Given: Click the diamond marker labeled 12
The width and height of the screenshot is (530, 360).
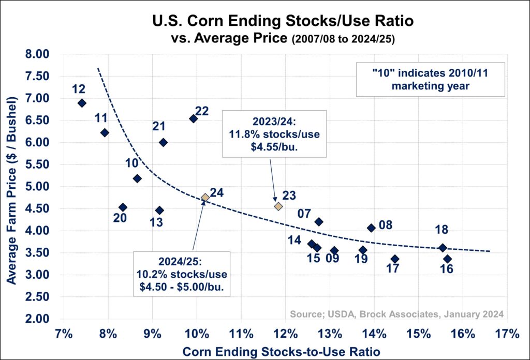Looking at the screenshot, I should tap(82, 103).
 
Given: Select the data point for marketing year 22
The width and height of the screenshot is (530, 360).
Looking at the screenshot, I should tap(193, 118).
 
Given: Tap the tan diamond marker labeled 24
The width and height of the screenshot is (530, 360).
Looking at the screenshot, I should tap(205, 197).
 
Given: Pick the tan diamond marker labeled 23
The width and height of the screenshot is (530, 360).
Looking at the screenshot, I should tap(278, 206).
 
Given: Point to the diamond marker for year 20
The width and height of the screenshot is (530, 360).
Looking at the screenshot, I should tap(123, 207).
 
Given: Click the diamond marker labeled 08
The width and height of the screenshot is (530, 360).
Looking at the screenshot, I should tap(371, 228).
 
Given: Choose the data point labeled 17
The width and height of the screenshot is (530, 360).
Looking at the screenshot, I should tap(395, 259).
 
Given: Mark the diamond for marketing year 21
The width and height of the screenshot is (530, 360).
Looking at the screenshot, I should tap(163, 142).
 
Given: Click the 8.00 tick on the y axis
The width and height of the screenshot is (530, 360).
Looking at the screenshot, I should tap(36, 54).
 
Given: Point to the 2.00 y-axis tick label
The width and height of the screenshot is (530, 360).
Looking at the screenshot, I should tap(36, 319).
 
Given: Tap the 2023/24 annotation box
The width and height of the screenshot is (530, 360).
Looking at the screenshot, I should tap(274, 133).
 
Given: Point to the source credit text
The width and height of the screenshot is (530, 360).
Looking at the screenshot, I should tap(397, 314).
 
